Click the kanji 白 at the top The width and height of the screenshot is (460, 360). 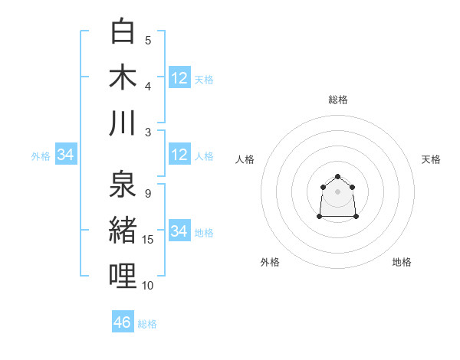124,31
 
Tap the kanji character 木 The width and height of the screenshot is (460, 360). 124,77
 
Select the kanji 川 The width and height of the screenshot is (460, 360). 124,123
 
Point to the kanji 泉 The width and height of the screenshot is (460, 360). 124,184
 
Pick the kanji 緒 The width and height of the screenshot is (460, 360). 124,230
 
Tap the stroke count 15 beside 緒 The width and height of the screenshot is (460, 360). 148,240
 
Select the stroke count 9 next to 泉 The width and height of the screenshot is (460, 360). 147,194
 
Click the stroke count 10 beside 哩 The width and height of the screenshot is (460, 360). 148,286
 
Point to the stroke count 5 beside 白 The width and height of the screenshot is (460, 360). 148,41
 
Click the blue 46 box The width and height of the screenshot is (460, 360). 123,322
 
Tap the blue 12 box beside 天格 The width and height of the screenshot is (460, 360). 179,77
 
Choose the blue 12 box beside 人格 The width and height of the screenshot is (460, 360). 179,155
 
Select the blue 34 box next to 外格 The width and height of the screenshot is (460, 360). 66,155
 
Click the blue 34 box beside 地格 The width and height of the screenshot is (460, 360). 179,231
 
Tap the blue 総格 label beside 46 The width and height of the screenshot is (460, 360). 147,324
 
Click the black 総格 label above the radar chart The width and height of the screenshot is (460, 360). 338,100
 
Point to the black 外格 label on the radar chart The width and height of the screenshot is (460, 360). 270,262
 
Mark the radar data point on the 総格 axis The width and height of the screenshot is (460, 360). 338,177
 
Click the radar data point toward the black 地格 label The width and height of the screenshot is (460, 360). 357,218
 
